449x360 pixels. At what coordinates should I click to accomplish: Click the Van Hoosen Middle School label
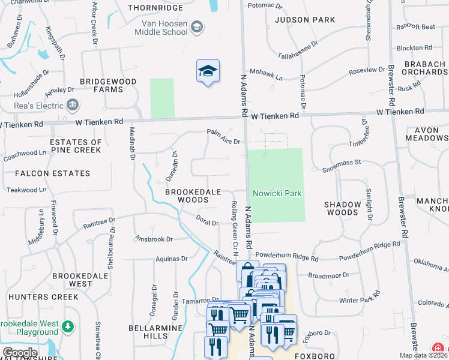(164, 28)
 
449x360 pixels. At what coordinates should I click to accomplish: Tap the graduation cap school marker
(208, 72)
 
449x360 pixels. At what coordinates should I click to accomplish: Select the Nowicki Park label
(277, 193)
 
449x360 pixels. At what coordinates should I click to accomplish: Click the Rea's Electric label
(39, 106)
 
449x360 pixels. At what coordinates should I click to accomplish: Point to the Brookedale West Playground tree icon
(69, 326)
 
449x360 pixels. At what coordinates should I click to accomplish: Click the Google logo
(20, 353)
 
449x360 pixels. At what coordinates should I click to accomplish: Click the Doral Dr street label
(207, 221)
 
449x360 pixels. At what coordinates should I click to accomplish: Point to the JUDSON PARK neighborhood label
(305, 20)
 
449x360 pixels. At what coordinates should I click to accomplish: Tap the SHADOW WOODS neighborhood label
(343, 208)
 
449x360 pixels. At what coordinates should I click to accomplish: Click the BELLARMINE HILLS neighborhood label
(148, 332)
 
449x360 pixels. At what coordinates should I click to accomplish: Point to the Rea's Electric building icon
(73, 106)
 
